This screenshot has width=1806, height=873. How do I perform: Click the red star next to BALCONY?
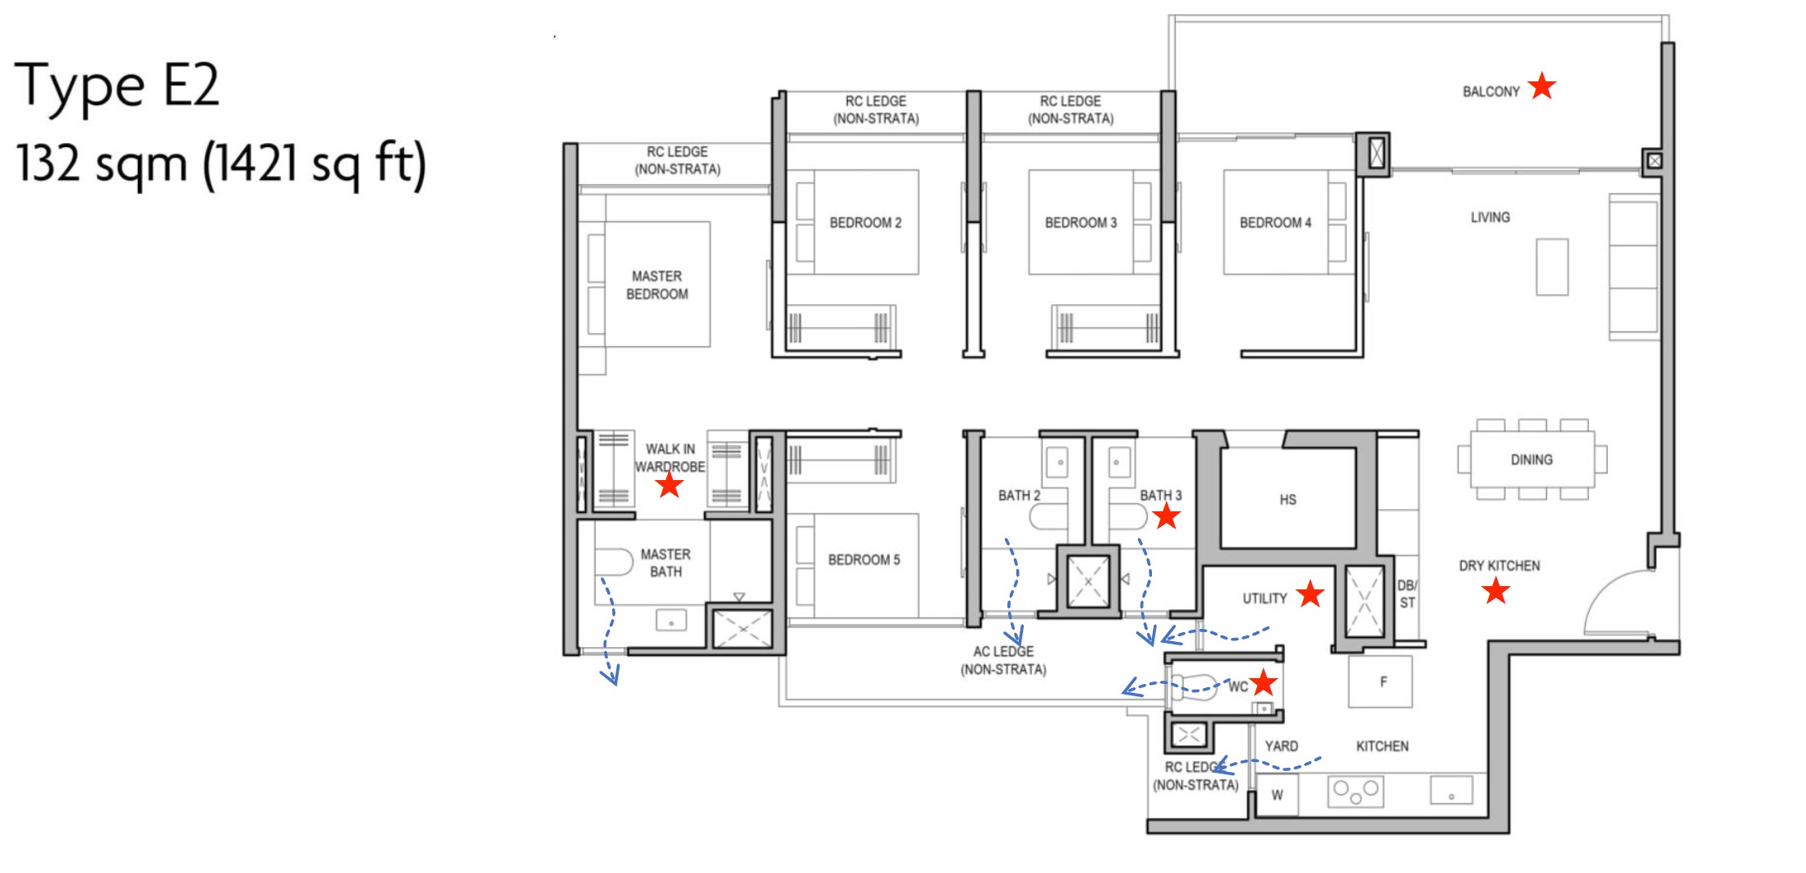pyautogui.click(x=1542, y=85)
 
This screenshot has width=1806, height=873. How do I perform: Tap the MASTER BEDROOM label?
pyautogui.click(x=657, y=285)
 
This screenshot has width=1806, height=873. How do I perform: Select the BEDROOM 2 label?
pyautogui.click(x=865, y=223)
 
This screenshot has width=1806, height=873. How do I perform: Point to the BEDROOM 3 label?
pyautogui.click(x=1080, y=223)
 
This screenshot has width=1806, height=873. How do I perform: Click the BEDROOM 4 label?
pyautogui.click(x=1275, y=223)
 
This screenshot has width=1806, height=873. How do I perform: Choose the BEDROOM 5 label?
pyautogui.click(x=864, y=560)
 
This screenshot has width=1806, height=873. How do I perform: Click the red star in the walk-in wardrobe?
pyautogui.click(x=670, y=485)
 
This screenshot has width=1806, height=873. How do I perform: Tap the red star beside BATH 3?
pyautogui.click(x=1167, y=516)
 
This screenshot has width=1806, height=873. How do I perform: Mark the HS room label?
pyautogui.click(x=1288, y=500)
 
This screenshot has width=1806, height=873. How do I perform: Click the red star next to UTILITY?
pyautogui.click(x=1311, y=594)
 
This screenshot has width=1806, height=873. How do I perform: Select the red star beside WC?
pyautogui.click(x=1264, y=682)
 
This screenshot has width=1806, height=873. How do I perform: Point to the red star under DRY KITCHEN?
pyautogui.click(x=1496, y=590)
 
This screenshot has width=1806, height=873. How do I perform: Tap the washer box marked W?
pyautogui.click(x=1277, y=795)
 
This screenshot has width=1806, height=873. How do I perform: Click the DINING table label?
pyautogui.click(x=1532, y=460)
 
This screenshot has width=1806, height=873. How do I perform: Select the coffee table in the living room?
pyautogui.click(x=1552, y=267)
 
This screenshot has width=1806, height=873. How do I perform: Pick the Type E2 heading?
pyautogui.click(x=117, y=85)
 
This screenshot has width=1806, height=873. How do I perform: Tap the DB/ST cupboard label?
pyautogui.click(x=1407, y=594)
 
